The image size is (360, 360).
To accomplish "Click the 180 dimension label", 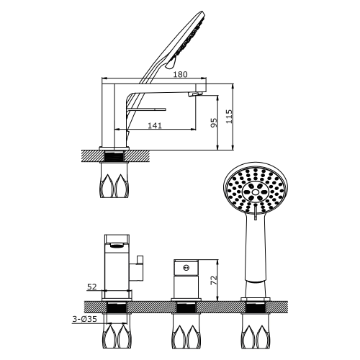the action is pos(180,74).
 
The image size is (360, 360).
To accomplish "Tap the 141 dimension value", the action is pos(155,125).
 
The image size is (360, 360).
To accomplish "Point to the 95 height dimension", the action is pos(214,122).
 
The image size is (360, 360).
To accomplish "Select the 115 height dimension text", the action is pos(229,117).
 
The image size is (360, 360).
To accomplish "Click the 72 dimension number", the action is pos(214,280).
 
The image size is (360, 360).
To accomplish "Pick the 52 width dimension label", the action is pos(91,287).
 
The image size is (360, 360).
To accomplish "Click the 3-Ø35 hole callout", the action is pos(85,319).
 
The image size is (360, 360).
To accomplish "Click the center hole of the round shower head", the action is pos(256,192).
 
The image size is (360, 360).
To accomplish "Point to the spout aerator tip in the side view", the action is pos(194,94).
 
